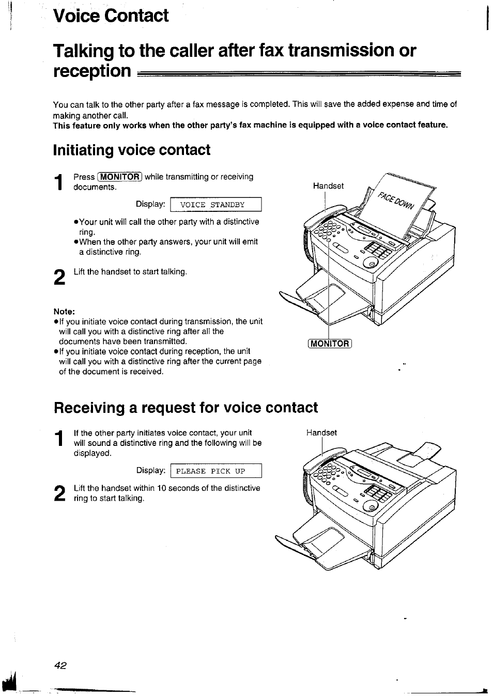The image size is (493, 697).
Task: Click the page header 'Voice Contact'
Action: pyautogui.click(x=111, y=16)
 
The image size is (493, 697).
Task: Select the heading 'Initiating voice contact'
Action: pyautogui.click(x=132, y=150)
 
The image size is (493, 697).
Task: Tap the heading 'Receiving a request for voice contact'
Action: pyautogui.click(x=186, y=408)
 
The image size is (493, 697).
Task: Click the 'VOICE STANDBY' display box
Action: pyautogui.click(x=216, y=205)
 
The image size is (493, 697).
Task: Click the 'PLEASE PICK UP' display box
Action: pyautogui.click(x=216, y=471)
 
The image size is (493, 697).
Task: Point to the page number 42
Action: pyautogui.click(x=60, y=665)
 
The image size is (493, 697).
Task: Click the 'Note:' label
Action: pyautogui.click(x=65, y=311)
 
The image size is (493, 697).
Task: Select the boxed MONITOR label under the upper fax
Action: pyautogui.click(x=329, y=344)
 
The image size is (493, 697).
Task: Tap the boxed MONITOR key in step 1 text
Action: pyautogui.click(x=119, y=177)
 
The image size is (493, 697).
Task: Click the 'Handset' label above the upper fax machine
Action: pyautogui.click(x=328, y=186)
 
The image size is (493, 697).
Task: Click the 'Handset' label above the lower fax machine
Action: pyautogui.click(x=321, y=432)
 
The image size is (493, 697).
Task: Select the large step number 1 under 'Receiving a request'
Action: pyautogui.click(x=60, y=439)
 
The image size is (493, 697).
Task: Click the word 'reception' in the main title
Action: pyautogui.click(x=91, y=71)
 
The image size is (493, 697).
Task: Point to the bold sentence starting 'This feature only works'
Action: pyautogui.click(x=250, y=125)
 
